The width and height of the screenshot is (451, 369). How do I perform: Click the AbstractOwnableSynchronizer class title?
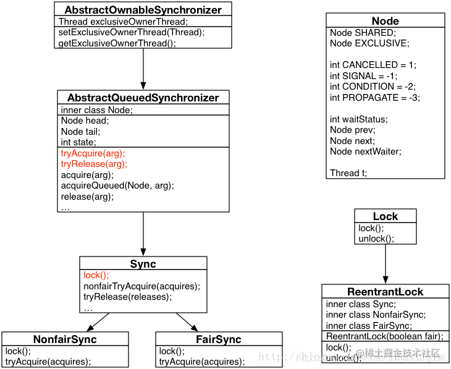tap(143, 9)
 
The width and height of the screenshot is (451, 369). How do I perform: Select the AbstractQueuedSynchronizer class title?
tap(143, 98)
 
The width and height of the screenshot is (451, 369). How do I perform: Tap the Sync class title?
tap(143, 264)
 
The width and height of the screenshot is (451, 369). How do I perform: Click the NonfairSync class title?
tap(65, 339)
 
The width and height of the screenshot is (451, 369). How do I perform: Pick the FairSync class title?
tap(219, 339)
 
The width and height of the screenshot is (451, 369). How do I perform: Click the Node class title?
tap(385, 21)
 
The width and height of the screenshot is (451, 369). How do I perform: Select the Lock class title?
tap(385, 216)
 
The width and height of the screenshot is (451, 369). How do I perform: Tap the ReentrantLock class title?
tap(385, 292)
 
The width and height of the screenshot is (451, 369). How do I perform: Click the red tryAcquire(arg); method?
tap(93, 153)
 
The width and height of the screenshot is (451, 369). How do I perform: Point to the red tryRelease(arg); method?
tap(94, 164)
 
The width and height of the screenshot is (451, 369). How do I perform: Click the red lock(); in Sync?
tap(96, 276)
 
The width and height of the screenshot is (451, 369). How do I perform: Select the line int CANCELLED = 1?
tap(373, 65)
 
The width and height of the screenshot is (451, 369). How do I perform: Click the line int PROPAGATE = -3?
tap(375, 98)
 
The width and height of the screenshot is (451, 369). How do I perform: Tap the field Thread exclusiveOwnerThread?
tap(123, 22)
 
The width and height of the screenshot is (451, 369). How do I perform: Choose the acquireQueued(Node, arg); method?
tap(117, 185)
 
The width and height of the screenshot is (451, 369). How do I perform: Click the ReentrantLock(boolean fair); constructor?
tap(384, 336)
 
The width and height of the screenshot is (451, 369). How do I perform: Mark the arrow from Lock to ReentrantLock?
tap(385, 263)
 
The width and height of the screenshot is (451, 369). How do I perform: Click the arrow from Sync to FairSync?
tap(187, 321)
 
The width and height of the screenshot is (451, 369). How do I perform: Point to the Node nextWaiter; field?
tap(365, 151)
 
